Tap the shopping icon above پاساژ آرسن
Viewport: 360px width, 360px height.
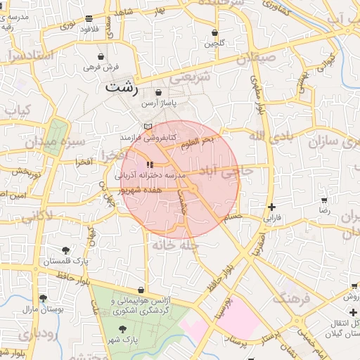point(158,92)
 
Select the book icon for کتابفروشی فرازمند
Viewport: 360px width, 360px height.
point(147,126)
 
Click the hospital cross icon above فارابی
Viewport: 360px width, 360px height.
point(271,207)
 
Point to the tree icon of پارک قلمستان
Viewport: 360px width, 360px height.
point(65,250)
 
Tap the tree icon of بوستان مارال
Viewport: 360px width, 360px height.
point(44,298)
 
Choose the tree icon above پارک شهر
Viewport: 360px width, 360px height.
point(122,328)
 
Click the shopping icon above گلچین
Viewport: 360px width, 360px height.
point(214,32)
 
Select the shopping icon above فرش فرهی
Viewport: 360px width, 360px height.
point(102,56)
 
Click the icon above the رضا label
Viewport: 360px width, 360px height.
point(324,199)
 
